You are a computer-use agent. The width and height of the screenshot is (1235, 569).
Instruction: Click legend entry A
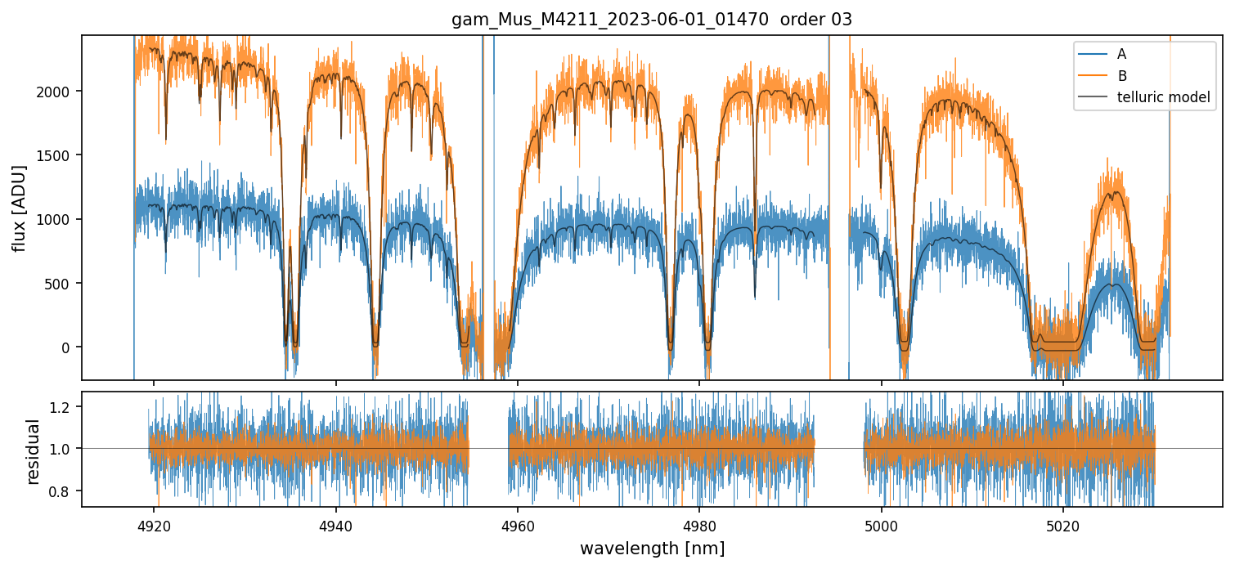point(1121,54)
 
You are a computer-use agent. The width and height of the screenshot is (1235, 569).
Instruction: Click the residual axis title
point(33,451)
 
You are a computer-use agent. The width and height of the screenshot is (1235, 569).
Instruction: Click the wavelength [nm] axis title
point(652,548)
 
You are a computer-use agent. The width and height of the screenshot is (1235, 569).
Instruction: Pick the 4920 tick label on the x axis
point(154,525)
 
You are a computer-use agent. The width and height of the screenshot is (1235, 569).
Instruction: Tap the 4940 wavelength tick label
point(335,525)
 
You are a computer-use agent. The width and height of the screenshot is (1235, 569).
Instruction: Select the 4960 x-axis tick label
point(518,525)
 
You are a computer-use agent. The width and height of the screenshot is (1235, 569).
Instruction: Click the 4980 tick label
point(700,525)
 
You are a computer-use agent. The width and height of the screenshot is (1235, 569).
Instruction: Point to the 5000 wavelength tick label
point(882,525)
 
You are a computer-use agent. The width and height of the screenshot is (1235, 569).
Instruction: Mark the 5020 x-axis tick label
point(1063,525)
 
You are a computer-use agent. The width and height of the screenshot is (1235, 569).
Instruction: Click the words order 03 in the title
point(816,20)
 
